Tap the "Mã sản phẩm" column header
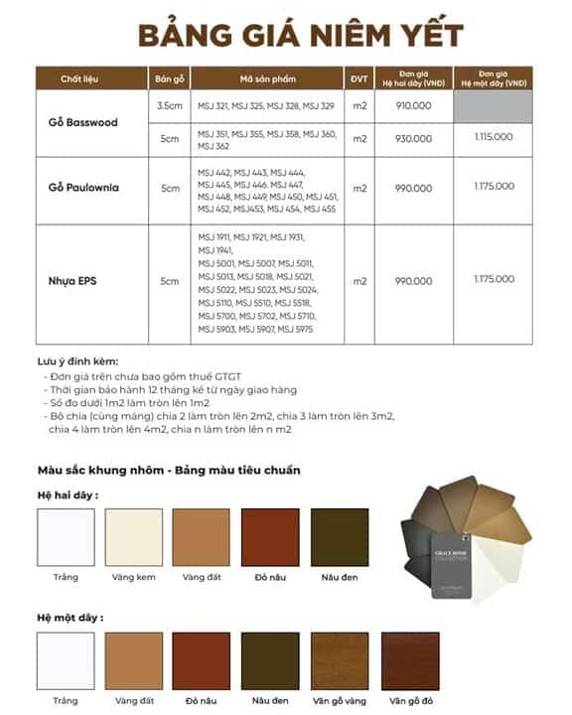pyautogui.click(x=267, y=78)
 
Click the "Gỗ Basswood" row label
pyautogui.click(x=82, y=122)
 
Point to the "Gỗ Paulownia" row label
pyautogui.click(x=82, y=188)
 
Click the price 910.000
pyautogui.click(x=413, y=105)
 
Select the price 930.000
pyautogui.click(x=413, y=138)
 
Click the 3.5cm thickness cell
pyautogui.click(x=168, y=105)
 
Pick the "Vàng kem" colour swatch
pyautogui.click(x=133, y=538)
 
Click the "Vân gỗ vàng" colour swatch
pyautogui.click(x=340, y=662)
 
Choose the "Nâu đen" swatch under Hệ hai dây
pyautogui.click(x=340, y=538)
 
